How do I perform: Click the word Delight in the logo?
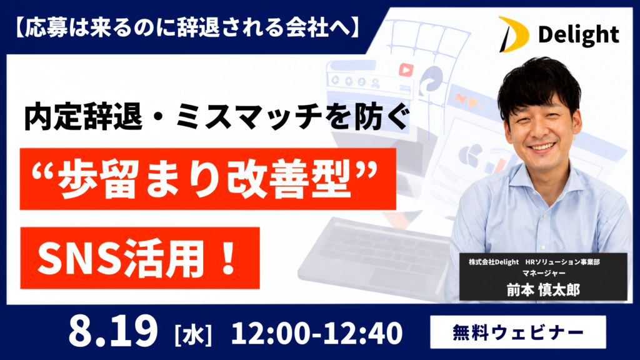coord(578,36)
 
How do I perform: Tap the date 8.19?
coord(113,331)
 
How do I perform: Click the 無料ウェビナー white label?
coord(518,332)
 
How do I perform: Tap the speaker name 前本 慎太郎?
coord(543,290)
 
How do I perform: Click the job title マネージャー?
coord(543,273)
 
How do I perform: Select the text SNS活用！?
coord(137,258)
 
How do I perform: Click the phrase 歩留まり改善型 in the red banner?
coord(205,179)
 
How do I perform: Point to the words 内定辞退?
coord(83,117)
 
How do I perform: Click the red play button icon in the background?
coord(405,70)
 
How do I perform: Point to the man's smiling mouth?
coord(542,146)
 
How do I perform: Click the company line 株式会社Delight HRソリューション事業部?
coord(534,262)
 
